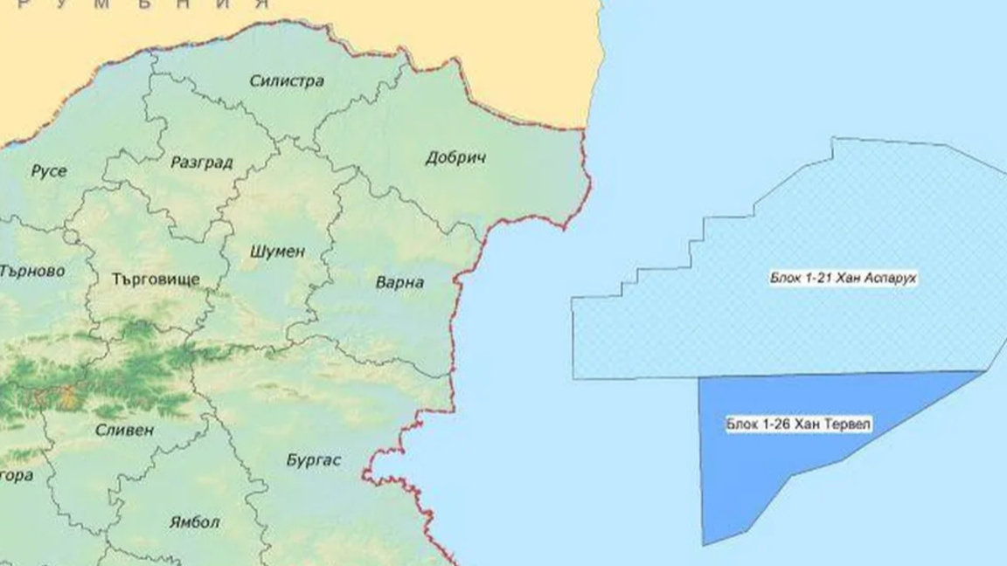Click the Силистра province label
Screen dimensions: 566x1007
(287, 81)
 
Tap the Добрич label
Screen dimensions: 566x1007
(455, 158)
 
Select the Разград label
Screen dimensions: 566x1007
(202, 162)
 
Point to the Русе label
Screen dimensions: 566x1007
(49, 171)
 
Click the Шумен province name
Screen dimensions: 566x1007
(278, 252)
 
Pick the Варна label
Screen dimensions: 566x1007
(399, 283)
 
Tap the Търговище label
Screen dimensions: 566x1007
(156, 280)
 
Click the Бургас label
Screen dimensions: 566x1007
(314, 460)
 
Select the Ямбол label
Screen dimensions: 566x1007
(194, 522)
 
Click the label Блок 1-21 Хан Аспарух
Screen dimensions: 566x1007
(837, 279)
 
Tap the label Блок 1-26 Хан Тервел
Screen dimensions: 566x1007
(798, 424)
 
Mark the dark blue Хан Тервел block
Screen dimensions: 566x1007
(769, 472)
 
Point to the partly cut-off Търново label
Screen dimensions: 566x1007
(31, 272)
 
